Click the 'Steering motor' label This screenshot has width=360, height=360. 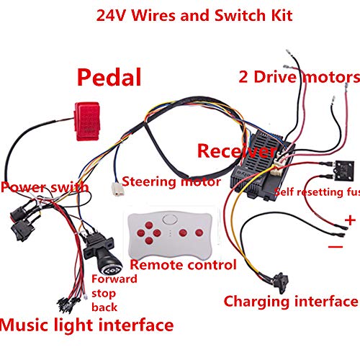[171, 181]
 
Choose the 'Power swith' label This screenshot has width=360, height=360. [45, 187]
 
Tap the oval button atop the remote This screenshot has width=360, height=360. [171, 220]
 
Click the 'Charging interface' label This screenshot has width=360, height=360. [290, 301]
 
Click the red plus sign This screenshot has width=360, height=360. [349, 220]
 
